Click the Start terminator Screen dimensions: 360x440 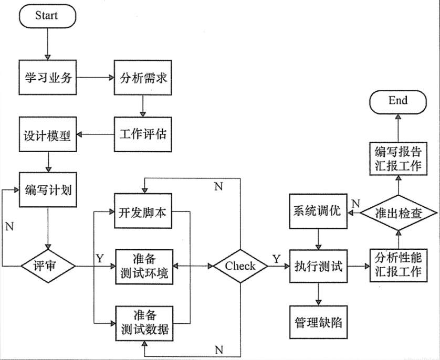[47, 15]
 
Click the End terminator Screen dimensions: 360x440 [397, 101]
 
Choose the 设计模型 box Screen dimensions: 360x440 [48, 134]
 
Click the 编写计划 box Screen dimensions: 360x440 [48, 190]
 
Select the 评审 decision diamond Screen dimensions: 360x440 [48, 266]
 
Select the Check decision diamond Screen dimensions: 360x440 [240, 266]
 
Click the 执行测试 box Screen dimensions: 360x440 [318, 266]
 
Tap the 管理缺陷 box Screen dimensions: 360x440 [318, 321]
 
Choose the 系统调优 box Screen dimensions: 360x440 [318, 211]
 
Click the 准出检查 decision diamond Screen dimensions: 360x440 [397, 211]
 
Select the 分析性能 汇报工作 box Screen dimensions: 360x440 [397, 266]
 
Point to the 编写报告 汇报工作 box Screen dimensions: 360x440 [397, 158]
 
